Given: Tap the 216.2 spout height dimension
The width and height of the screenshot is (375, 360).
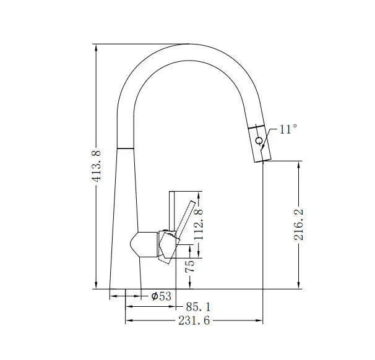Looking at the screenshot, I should click(300, 224).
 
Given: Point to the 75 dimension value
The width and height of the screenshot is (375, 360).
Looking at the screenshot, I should click(191, 266).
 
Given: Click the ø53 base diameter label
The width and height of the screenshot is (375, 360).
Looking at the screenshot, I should click(161, 296).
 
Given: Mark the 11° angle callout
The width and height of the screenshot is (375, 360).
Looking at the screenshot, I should click(288, 129).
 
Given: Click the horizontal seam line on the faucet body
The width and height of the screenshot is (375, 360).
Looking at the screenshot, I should click(126, 148).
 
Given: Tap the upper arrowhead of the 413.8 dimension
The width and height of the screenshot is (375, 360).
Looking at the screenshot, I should click(96, 47).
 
